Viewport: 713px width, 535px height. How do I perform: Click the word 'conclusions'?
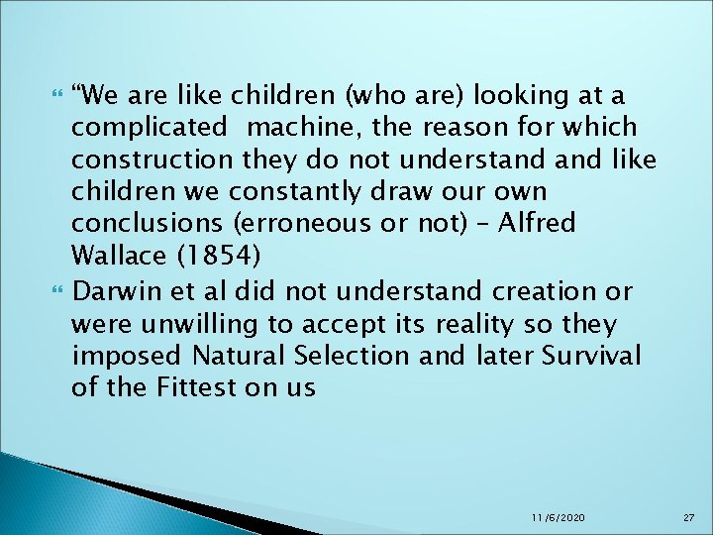147,223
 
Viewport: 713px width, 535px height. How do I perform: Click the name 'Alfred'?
536,223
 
